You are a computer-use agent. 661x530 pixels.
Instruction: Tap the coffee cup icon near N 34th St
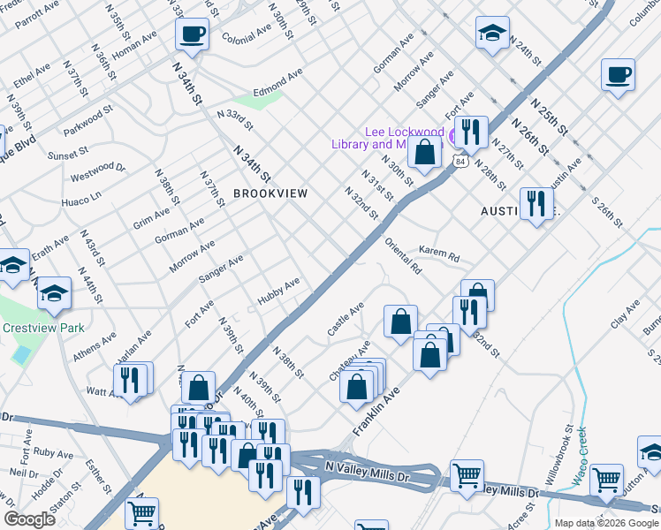coord(192,34)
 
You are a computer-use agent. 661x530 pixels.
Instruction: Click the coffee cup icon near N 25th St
coord(618,74)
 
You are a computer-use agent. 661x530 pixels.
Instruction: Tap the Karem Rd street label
coord(439,254)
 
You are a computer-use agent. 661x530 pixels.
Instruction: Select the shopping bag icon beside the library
coord(425,151)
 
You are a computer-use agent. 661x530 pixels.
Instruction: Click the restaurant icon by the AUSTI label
coord(536,204)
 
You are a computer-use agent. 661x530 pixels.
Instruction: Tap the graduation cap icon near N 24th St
coord(492,34)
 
